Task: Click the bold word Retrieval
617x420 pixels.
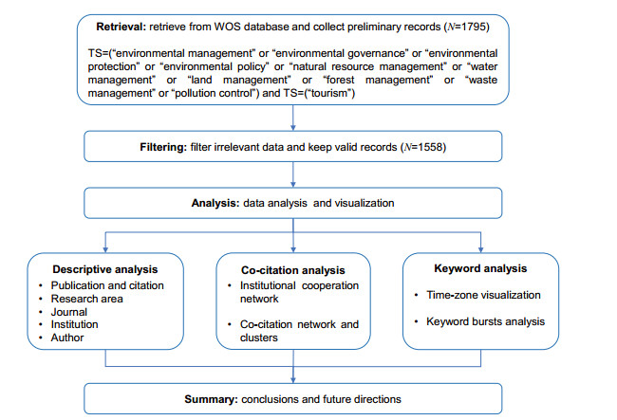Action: [121, 27]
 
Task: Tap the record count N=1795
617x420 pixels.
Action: [467, 27]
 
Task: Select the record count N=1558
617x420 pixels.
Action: [423, 147]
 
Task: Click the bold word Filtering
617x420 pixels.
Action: [163, 147]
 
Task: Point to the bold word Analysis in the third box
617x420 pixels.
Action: [215, 203]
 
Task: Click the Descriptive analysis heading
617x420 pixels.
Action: [105, 269]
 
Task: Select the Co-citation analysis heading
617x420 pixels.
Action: [293, 270]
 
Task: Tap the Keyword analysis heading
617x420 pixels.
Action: [480, 268]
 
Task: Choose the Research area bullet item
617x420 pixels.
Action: [87, 299]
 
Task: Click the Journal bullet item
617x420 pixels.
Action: [69, 312]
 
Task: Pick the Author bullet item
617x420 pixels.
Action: [67, 338]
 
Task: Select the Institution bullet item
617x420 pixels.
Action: [75, 324]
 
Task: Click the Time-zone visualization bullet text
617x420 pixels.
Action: [483, 295]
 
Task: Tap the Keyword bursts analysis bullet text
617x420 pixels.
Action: [486, 321]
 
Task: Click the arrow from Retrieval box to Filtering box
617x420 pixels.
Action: [293, 118]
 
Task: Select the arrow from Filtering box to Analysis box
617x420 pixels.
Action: [293, 174]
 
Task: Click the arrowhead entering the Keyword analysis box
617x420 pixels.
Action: [480, 249]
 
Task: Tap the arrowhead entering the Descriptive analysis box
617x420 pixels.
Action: [105, 249]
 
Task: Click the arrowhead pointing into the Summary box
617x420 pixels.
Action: [293, 380]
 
